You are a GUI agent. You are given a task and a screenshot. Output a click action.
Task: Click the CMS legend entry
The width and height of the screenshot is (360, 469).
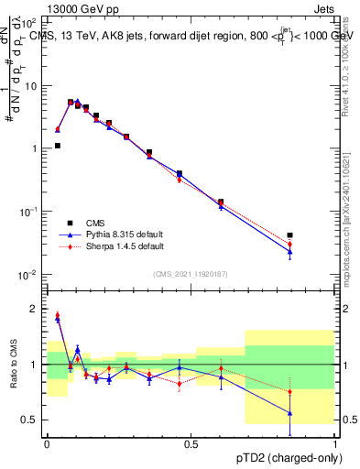click(x=94, y=223)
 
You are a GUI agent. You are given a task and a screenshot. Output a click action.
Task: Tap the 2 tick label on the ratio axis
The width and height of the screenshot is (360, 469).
click(x=35, y=310)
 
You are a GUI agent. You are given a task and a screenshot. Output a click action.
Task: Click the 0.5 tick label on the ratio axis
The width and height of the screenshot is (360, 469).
click(x=31, y=420)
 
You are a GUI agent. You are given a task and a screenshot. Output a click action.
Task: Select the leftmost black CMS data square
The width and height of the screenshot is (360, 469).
click(x=58, y=145)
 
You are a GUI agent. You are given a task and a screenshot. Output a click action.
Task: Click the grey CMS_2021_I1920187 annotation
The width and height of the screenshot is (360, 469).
click(x=191, y=273)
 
